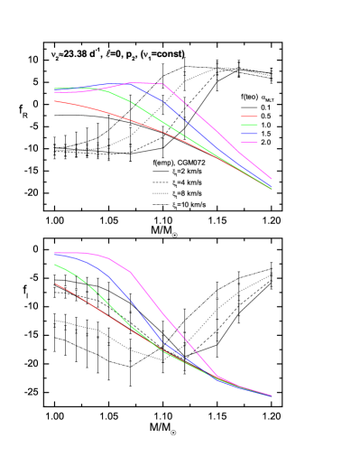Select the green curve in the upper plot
click(x=135, y=105)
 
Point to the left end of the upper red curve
click(x=55, y=101)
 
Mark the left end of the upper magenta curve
click(x=55, y=92)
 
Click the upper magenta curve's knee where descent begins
click(x=163, y=84)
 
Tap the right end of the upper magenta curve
click(x=272, y=179)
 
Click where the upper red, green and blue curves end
click(x=272, y=188)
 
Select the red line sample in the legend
click(x=249, y=116)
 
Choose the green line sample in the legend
click(x=249, y=125)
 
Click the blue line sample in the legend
click(x=249, y=134)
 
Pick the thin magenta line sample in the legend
click(x=249, y=142)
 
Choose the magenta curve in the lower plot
click(x=162, y=312)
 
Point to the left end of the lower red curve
click(x=55, y=284)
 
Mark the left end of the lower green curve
click(x=55, y=265)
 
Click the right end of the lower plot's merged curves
click(x=272, y=396)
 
